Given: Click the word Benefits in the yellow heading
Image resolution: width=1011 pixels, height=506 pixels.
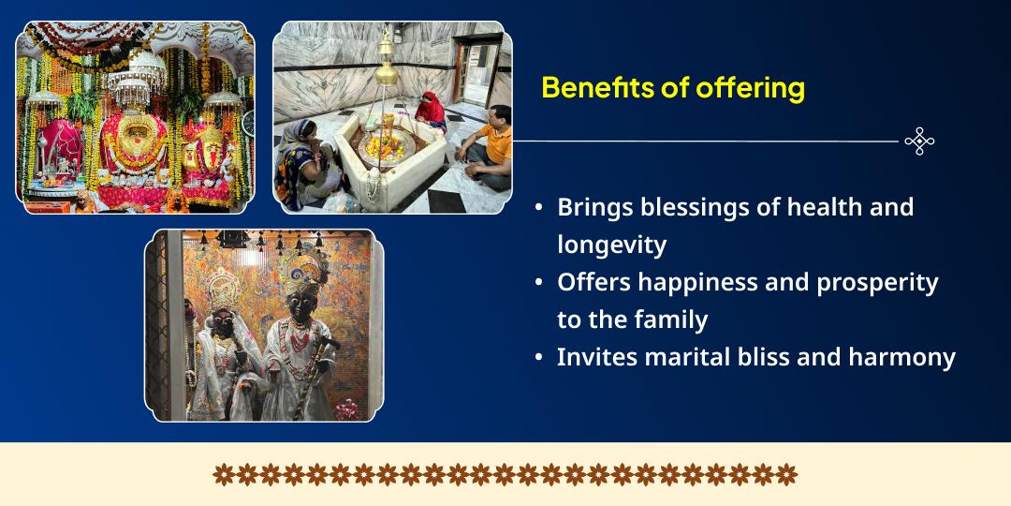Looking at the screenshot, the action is coord(595,87).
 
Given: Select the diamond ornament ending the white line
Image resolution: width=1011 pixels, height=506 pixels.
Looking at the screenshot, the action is coord(919,141).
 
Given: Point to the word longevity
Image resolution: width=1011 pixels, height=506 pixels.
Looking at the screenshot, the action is coord(612,246).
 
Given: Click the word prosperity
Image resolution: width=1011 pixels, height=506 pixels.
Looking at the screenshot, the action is coord(877,283).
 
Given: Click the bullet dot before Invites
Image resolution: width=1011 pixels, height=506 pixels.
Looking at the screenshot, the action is coord(538,358).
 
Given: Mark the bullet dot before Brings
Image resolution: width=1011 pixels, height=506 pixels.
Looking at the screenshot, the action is coord(538,208).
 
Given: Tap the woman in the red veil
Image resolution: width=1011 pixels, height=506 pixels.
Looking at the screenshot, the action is coord(431,111).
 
